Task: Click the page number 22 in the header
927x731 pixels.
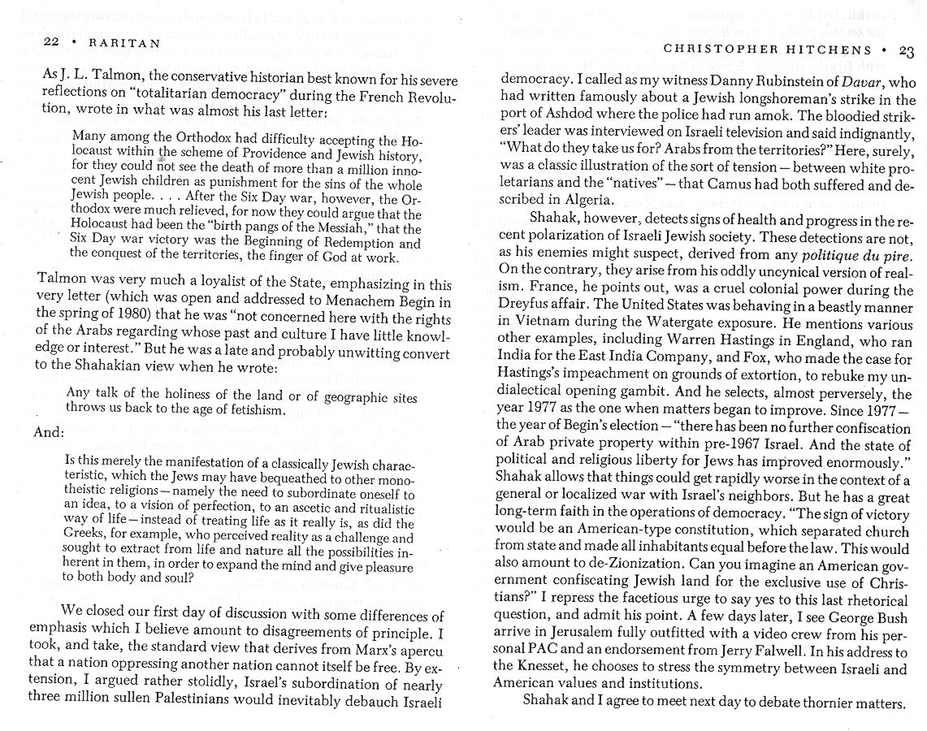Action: tap(29, 41)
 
